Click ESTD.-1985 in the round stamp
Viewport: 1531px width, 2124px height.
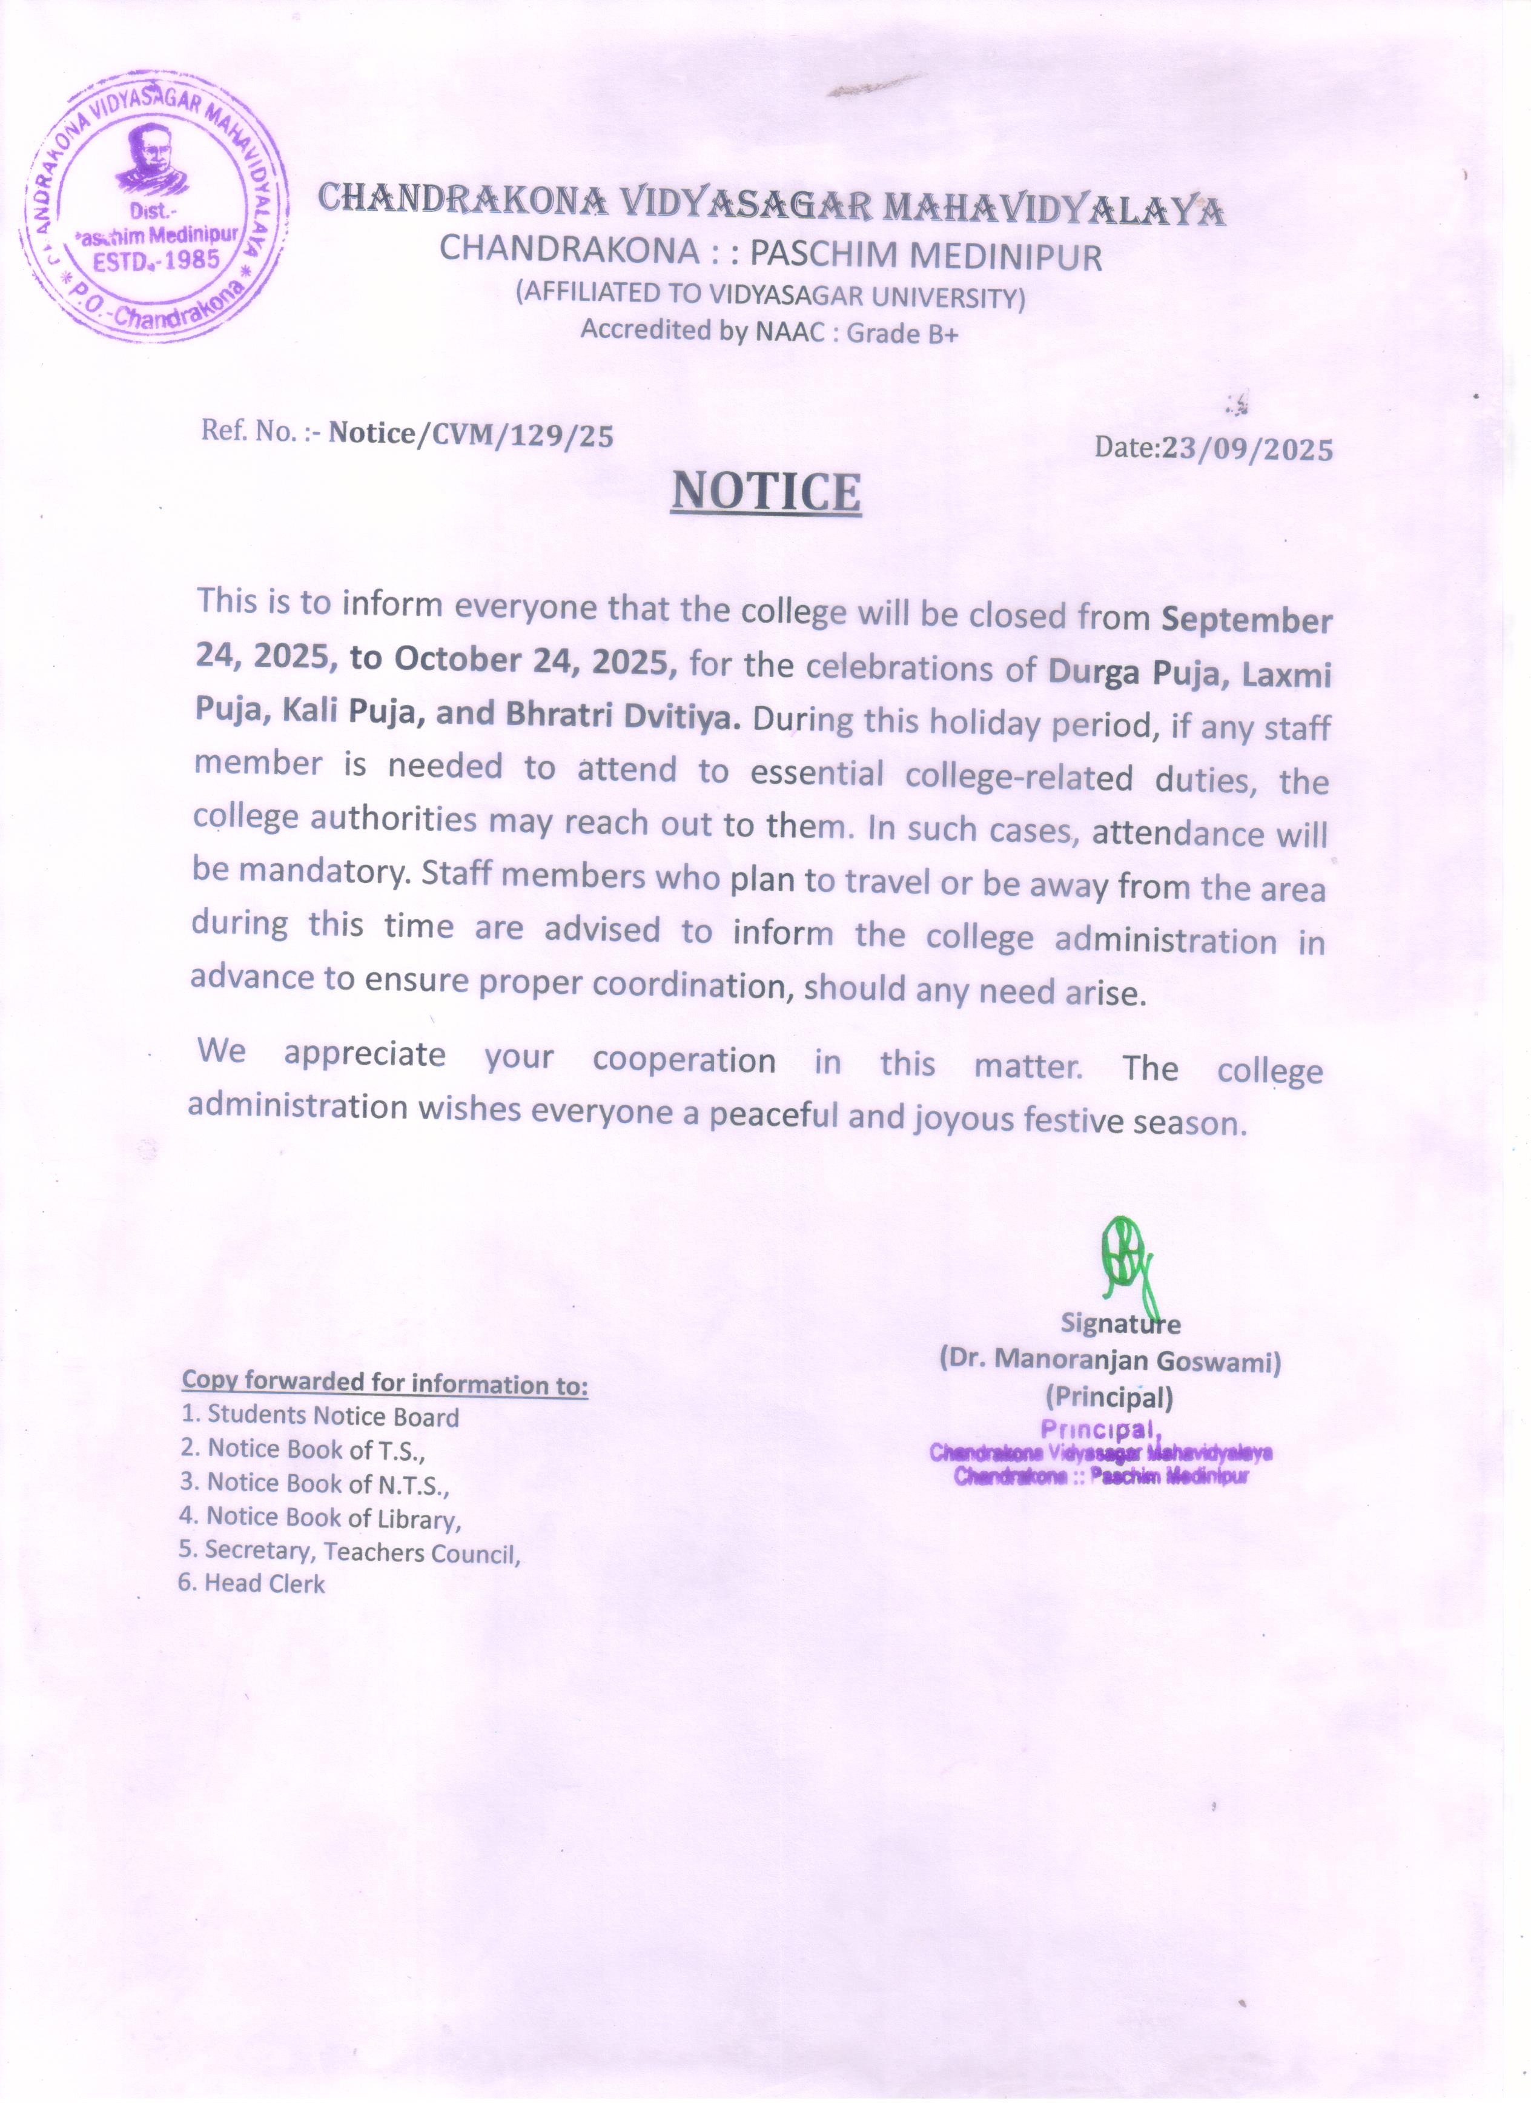[156, 259]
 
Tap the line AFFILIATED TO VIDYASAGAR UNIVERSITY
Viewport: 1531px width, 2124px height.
[771, 295]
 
